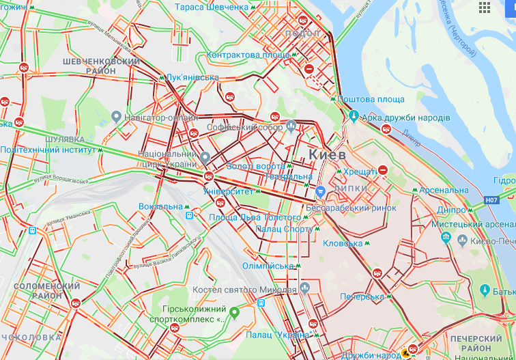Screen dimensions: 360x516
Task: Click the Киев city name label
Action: click(x=328, y=155)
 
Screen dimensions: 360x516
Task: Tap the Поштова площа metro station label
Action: click(x=371, y=99)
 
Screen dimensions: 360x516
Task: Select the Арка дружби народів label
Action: click(x=406, y=118)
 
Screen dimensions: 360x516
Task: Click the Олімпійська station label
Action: click(x=271, y=266)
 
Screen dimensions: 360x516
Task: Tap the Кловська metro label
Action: click(x=343, y=243)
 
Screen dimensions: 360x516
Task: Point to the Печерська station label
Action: click(x=362, y=297)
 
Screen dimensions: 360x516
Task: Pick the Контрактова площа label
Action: click(x=247, y=55)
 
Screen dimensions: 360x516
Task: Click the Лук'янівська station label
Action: click(x=192, y=78)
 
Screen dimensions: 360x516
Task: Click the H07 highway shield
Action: click(x=491, y=200)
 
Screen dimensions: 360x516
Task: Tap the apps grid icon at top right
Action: click(x=485, y=8)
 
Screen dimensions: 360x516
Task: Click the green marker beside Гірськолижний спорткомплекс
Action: click(x=234, y=314)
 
